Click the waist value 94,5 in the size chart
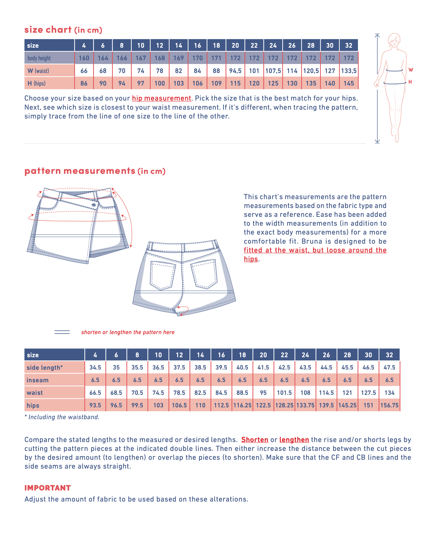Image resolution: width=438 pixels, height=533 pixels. (x=235, y=71)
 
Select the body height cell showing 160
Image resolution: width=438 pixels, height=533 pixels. (x=84, y=58)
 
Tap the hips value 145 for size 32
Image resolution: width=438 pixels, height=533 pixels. (x=349, y=84)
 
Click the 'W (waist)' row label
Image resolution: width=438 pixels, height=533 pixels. (x=38, y=71)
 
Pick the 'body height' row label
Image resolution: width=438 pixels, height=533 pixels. (x=39, y=58)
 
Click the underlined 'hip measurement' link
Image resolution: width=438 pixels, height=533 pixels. (x=161, y=98)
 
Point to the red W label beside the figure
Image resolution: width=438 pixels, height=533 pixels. (x=411, y=70)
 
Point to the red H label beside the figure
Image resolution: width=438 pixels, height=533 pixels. (x=410, y=82)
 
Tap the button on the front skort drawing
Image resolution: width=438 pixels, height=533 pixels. (x=94, y=205)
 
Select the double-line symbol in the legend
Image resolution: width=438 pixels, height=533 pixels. (x=62, y=332)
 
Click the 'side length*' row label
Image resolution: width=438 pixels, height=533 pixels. (x=45, y=368)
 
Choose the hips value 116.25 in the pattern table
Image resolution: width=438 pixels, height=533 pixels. (x=242, y=405)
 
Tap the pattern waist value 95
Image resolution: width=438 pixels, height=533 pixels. (x=263, y=393)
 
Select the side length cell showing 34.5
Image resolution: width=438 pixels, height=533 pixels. (x=95, y=368)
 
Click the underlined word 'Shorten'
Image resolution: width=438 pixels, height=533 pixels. (x=255, y=440)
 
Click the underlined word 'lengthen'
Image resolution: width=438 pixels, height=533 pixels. (x=294, y=440)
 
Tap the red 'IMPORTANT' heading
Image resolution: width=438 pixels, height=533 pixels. (x=47, y=488)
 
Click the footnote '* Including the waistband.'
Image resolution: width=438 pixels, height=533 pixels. (x=62, y=417)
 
